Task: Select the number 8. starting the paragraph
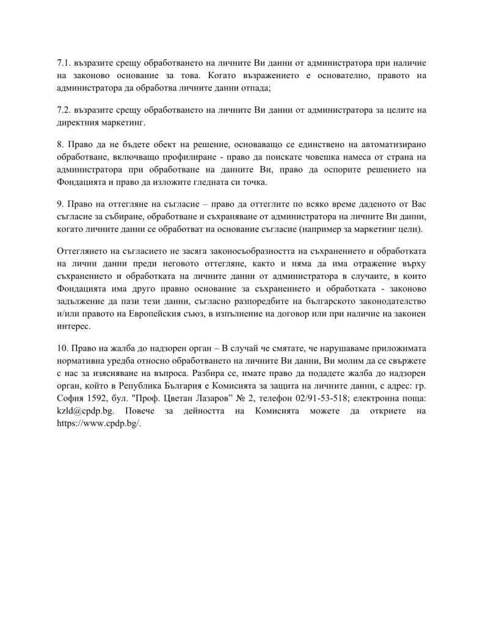click(x=59, y=143)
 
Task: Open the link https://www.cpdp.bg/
click(x=98, y=425)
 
